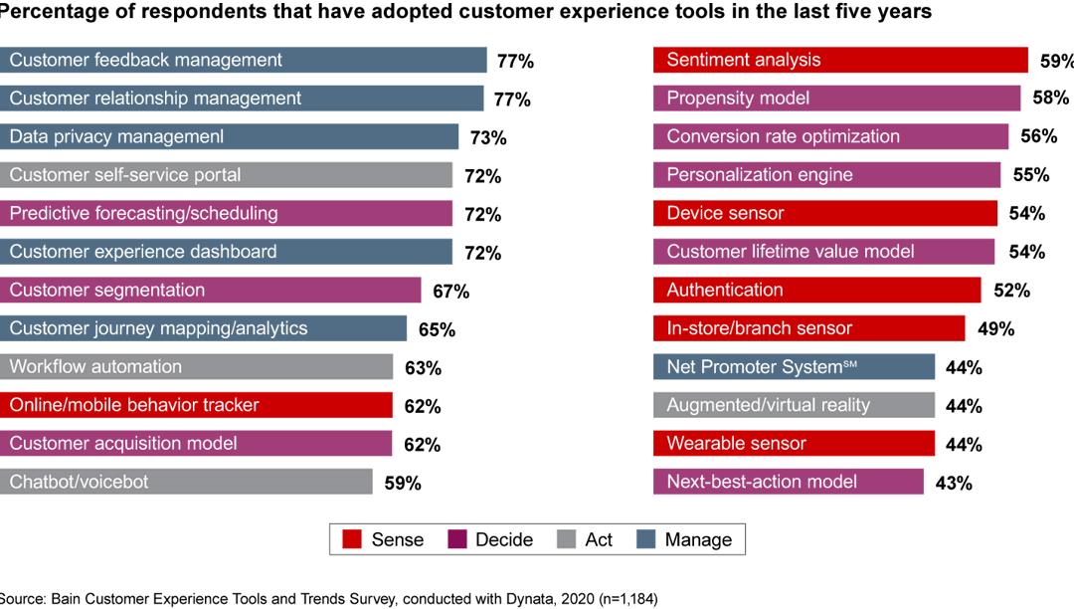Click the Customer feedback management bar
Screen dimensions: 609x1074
243,60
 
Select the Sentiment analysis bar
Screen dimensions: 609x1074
840,60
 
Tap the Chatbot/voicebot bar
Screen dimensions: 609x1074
186,482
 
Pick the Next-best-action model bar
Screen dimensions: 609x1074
788,482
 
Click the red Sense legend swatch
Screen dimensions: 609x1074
351,539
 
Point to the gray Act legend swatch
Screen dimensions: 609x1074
565,539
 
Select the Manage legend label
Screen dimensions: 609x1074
698,539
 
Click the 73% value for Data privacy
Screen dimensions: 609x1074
488,137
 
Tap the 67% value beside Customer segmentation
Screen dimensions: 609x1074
450,292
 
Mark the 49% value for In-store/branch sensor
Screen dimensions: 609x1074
995,329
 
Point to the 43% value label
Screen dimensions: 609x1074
954,484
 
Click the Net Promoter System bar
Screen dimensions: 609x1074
794,367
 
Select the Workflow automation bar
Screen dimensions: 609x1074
196,367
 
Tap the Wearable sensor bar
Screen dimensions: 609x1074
794,444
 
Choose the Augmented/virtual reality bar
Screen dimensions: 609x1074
794,405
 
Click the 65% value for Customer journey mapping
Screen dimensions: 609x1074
437,329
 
